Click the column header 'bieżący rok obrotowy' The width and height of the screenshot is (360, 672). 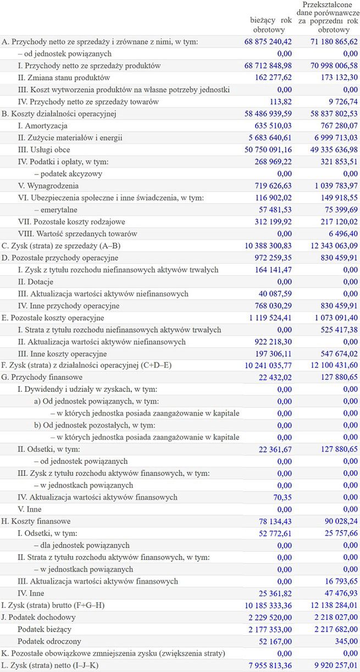(x=270, y=25)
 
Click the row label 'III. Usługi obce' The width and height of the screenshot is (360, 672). (x=44, y=150)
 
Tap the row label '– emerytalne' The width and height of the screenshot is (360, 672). (x=56, y=210)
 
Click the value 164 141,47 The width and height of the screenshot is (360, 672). (x=273, y=270)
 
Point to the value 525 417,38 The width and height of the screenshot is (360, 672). (x=334, y=330)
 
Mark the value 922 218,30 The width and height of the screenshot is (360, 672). (x=273, y=342)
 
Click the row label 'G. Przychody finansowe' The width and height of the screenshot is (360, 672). (x=42, y=377)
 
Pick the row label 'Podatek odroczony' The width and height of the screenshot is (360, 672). (x=49, y=641)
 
